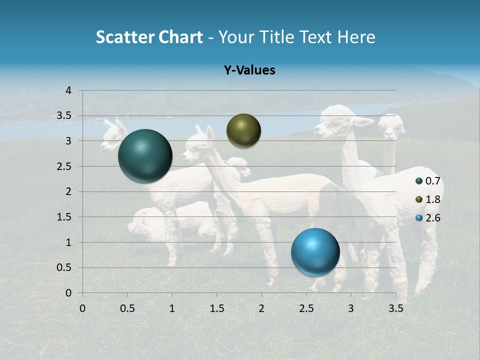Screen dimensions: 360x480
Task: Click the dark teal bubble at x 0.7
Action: coord(145,156)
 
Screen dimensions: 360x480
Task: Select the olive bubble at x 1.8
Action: coord(243,130)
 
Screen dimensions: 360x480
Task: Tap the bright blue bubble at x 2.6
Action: coord(315,252)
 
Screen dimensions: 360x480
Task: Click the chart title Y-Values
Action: coord(249,70)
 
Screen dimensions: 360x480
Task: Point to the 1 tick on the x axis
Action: coord(172,308)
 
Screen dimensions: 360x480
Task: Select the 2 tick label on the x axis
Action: coord(261,308)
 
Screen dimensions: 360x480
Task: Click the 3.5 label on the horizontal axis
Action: coord(395,308)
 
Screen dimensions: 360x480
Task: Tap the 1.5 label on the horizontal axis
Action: coord(216,308)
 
